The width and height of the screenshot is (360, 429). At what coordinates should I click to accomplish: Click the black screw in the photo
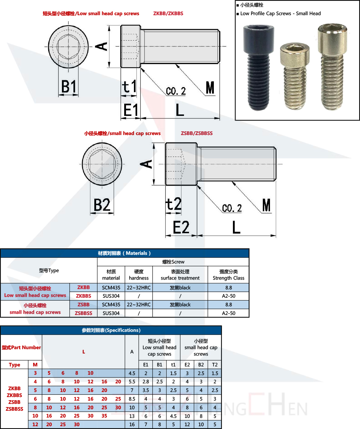(259, 67)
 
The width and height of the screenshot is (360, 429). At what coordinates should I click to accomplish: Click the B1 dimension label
(68, 87)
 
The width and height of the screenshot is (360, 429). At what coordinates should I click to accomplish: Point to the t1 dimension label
(129, 87)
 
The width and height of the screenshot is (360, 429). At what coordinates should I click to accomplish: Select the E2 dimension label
(181, 227)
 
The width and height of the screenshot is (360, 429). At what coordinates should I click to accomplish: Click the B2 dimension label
(102, 205)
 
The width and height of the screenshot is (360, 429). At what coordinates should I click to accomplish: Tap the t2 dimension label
(174, 204)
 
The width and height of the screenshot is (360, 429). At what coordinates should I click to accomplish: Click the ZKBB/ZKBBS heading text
(168, 13)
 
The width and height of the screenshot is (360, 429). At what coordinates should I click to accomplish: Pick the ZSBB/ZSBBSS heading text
(197, 133)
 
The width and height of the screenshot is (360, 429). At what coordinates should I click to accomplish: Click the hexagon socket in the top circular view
(68, 46)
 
